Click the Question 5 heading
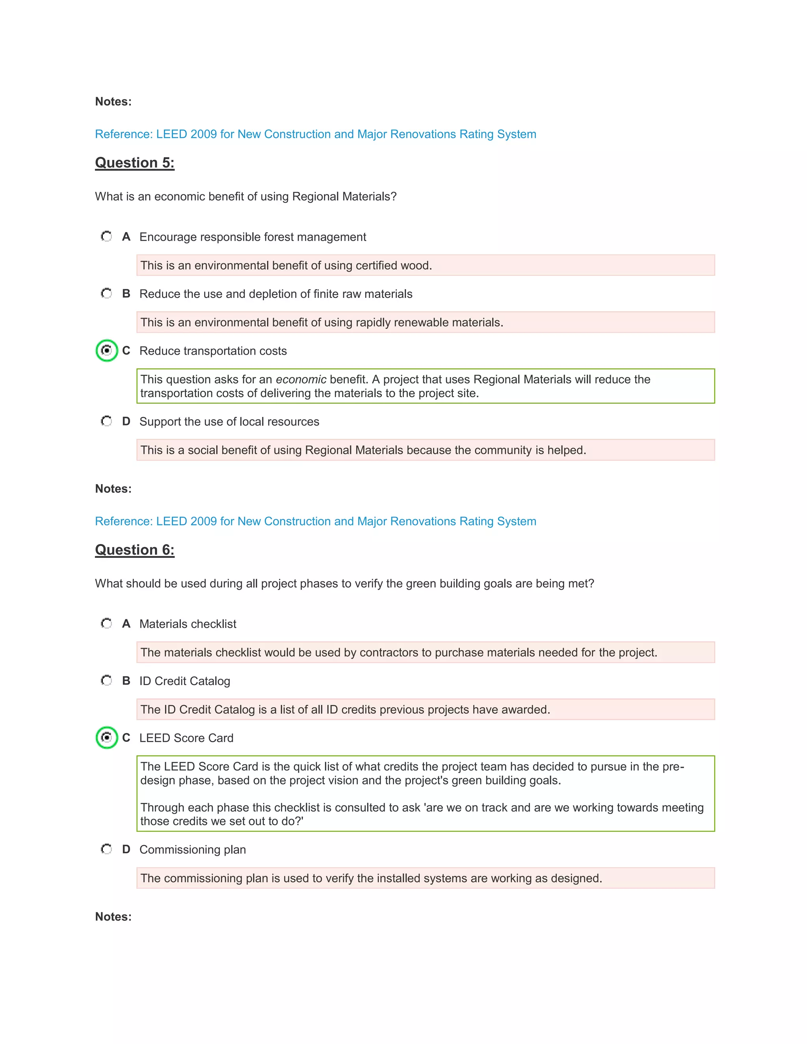134,163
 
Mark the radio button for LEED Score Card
107,737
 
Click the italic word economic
301,379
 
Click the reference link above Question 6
316,521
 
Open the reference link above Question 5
316,134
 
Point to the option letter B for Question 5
126,294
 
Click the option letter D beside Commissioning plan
126,849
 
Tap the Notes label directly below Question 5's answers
113,489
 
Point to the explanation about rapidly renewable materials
321,323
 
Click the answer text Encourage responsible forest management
253,237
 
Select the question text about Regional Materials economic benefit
246,197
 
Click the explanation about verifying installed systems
371,878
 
